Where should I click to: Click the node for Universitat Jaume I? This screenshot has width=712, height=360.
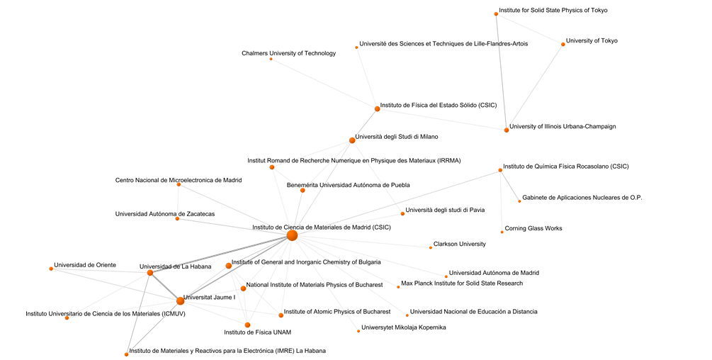(180, 301)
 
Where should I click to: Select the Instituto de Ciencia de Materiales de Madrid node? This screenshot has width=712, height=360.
(292, 235)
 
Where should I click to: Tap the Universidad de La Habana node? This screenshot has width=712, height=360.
(150, 273)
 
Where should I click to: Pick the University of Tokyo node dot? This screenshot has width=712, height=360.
(563, 45)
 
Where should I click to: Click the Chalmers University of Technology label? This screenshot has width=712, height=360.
(288, 53)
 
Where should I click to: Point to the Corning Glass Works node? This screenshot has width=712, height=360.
(502, 232)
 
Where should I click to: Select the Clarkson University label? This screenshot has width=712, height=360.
(459, 244)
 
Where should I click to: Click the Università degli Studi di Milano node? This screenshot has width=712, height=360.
(352, 140)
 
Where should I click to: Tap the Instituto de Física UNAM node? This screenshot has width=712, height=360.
(247, 325)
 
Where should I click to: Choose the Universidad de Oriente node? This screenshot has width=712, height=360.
(51, 269)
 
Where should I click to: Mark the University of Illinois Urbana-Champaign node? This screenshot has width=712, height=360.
(507, 130)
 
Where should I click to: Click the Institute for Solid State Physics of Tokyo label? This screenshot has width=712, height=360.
(553, 10)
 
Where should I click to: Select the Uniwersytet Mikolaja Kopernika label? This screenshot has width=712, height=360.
(404, 327)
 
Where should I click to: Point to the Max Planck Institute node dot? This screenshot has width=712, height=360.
(398, 287)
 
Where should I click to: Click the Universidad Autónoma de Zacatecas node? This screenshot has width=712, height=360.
(177, 219)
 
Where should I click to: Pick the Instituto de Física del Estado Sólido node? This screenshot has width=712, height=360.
(377, 108)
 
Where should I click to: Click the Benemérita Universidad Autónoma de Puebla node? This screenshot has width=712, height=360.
(303, 190)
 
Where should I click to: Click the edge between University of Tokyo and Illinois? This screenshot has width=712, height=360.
(535, 87)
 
